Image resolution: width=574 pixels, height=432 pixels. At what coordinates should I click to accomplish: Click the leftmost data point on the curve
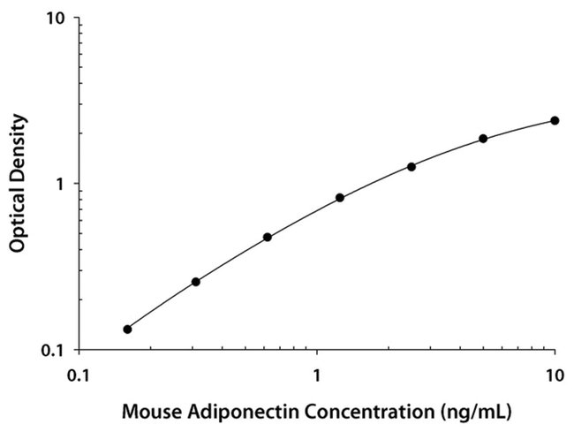[x=127, y=330]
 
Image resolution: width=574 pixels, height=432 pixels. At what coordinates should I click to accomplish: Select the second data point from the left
[x=196, y=282]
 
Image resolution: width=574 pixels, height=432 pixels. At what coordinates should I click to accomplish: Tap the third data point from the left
[x=267, y=237]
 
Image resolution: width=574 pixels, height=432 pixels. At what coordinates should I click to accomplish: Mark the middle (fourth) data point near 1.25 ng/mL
[x=340, y=198]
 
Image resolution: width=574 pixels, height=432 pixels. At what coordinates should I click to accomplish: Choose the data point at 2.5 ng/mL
[x=412, y=166]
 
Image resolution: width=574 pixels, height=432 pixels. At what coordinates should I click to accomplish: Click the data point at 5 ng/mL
[x=483, y=139]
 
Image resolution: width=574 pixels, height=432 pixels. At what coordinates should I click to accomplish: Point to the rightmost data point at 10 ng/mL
[x=555, y=120]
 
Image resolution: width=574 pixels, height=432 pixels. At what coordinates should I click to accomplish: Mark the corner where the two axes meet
[x=80, y=349]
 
